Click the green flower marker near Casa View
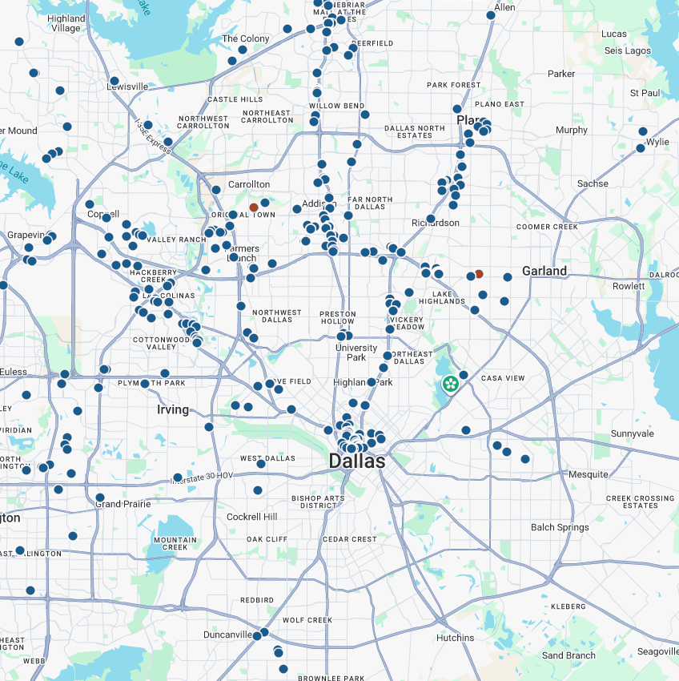coord(450,385)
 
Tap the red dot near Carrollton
coord(254,208)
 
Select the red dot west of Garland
coord(479,274)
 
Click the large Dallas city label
coord(357,461)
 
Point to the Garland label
coord(544,271)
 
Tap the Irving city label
coord(173,409)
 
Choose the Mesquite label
coord(589,474)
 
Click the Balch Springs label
coord(560,527)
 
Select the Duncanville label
coord(227,635)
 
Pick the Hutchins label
coord(456,638)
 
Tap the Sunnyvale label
coord(633,433)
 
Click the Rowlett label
coord(629,286)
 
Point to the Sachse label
coord(593,183)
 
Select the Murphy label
coord(572,130)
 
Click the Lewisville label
coord(128,87)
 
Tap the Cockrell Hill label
coord(252,517)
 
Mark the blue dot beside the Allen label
coord(491,15)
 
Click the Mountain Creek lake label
coord(175,543)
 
